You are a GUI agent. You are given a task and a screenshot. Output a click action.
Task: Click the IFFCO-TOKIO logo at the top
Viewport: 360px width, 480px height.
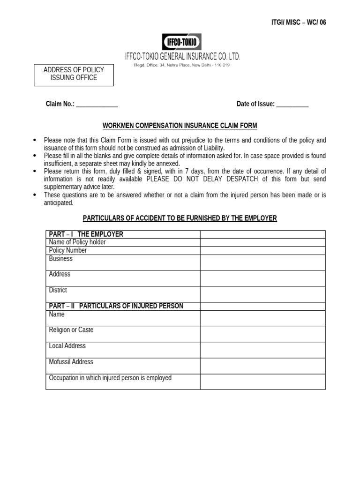181,42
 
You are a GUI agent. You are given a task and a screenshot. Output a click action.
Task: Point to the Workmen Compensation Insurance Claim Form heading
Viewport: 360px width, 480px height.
180,126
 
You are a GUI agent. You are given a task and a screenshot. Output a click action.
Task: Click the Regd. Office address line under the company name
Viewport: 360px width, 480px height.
182,65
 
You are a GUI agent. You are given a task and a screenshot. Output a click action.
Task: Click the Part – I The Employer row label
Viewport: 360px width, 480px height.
86,234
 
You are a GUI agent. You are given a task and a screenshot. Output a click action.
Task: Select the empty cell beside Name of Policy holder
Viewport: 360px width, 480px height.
262,242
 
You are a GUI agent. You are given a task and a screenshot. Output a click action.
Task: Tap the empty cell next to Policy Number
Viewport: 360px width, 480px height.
262,250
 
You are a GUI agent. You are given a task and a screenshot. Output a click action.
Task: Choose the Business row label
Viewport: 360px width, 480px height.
61,259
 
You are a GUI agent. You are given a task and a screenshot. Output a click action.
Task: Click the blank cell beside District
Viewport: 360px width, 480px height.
262,294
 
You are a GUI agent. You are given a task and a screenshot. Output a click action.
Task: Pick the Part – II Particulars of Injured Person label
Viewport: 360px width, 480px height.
116,306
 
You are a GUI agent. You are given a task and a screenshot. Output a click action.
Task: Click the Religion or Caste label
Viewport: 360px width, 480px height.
71,330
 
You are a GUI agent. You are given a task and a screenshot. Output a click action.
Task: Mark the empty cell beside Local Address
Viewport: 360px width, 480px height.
262,350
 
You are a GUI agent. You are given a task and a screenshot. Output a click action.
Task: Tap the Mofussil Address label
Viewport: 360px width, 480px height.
71,362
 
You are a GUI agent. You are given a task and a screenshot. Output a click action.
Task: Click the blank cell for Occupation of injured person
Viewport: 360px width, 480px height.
262,382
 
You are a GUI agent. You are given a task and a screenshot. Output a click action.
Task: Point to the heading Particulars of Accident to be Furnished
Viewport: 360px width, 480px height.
180,218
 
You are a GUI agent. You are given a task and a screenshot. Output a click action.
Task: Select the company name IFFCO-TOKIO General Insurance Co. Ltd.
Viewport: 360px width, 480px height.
182,56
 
